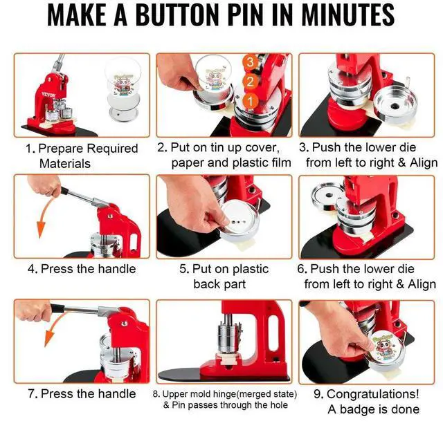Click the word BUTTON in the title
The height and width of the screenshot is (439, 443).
click(x=179, y=15)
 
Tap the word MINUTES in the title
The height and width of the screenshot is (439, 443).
click(x=347, y=15)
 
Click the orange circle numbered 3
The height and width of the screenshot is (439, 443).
click(x=251, y=62)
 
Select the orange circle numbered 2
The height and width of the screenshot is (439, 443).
click(x=251, y=82)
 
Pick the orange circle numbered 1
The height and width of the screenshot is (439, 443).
click(x=251, y=101)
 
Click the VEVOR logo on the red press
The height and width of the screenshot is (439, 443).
click(x=48, y=95)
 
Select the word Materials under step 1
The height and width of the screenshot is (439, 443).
click(x=65, y=164)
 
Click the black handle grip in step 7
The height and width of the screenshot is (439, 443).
click(x=58, y=308)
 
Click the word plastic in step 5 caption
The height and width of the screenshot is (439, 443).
click(x=250, y=269)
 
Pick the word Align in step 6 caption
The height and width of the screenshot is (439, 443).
click(x=422, y=284)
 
